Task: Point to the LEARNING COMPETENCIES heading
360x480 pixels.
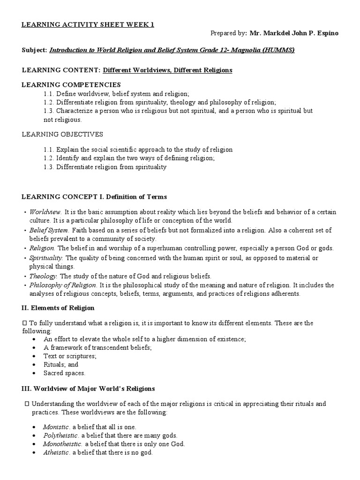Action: point(72,85)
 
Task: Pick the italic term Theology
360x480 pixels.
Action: point(43,276)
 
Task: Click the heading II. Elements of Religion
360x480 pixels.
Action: point(58,308)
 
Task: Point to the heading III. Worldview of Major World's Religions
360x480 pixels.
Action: point(89,389)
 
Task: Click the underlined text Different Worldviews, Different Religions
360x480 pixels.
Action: point(167,70)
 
